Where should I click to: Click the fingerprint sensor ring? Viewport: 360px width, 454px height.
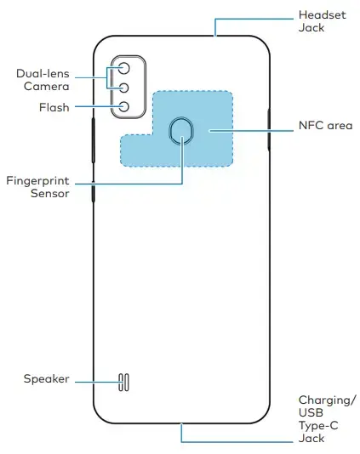181,118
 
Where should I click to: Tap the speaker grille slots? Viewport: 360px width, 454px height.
123,383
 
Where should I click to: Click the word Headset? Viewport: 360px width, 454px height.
323,15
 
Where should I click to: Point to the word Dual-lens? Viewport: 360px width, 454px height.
43,74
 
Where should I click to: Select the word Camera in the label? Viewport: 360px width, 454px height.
46,86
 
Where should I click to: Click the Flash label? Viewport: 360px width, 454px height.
54,107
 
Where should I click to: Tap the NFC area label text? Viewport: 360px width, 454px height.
325,125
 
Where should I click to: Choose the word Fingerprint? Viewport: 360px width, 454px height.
37,181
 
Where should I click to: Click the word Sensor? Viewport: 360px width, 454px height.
50,193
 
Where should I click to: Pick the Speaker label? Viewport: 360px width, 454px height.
46,379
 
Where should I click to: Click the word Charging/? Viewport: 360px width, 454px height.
327,400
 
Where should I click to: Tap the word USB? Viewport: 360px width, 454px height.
311,412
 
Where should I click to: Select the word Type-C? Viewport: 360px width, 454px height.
318,426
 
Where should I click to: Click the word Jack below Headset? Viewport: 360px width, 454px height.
311,28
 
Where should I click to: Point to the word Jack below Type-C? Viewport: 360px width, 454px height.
311,439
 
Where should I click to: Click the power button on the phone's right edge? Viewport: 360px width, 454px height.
269,129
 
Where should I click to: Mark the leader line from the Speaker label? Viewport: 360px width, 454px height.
97,383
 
